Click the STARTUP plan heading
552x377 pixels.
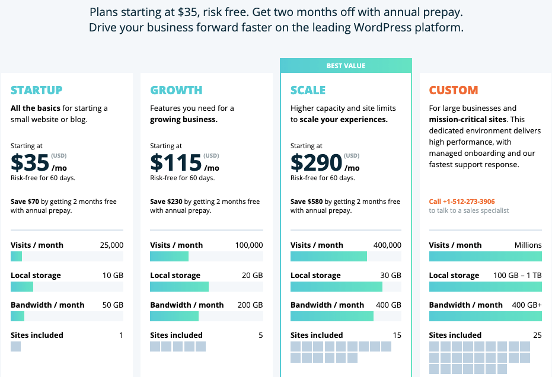[37, 91]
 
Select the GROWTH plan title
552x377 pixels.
[176, 91]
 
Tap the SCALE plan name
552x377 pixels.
[308, 91]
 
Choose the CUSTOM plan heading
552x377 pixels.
[454, 91]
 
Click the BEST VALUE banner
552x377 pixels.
[346, 66]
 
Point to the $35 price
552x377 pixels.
[30, 162]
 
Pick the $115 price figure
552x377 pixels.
[176, 162]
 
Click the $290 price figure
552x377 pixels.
[316, 162]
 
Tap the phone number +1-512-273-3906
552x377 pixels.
[462, 202]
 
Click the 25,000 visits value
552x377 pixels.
[111, 245]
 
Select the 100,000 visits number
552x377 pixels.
[248, 245]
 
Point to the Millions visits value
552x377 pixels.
[528, 245]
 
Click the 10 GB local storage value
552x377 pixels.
[113, 276]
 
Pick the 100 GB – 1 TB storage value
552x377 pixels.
[516, 276]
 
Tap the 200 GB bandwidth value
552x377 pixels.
[250, 305]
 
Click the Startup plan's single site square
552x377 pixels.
[15, 346]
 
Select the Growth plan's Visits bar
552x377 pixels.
[169, 257]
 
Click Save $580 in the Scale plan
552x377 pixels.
[307, 202]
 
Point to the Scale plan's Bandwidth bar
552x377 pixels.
[332, 317]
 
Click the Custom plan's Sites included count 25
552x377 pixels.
[537, 336]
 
